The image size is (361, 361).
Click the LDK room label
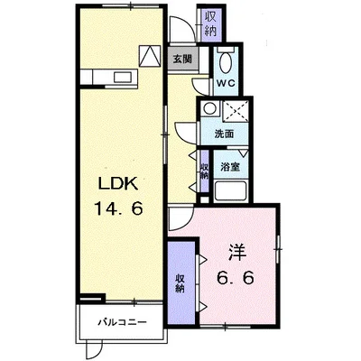(119, 183)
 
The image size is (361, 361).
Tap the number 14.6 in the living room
(118, 208)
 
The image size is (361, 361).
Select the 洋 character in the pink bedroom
(237, 252)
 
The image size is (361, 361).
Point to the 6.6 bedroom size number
(236, 278)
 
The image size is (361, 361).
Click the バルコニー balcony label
(122, 323)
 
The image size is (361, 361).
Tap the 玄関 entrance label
(182, 60)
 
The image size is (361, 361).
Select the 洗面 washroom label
(224, 134)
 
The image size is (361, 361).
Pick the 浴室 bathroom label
(230, 167)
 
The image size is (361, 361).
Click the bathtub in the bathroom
(231, 190)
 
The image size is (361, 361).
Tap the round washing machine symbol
(208, 107)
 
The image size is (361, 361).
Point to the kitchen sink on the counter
(122, 77)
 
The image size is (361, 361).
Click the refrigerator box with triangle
(149, 56)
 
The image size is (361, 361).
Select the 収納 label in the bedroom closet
(180, 283)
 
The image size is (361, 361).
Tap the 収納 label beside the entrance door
(211, 24)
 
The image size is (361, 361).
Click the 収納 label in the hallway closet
(205, 171)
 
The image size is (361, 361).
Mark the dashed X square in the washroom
(236, 111)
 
